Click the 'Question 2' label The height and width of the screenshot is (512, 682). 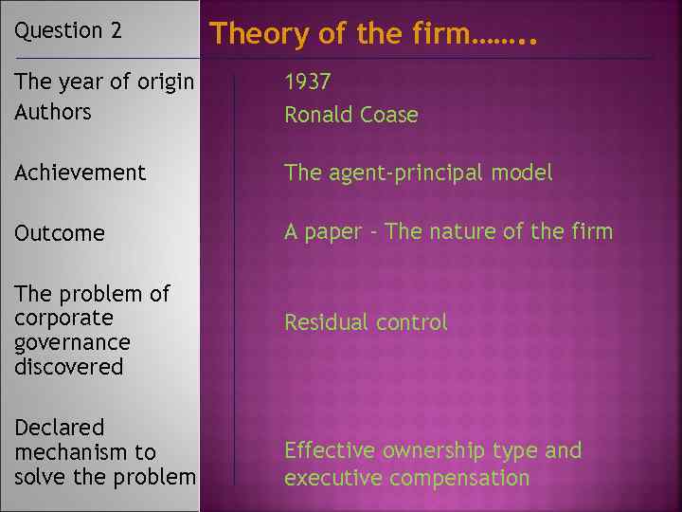click(68, 30)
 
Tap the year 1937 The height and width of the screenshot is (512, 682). click(308, 82)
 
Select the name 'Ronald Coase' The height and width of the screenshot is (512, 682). click(350, 115)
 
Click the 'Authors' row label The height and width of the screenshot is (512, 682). click(53, 112)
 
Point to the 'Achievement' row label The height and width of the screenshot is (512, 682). click(81, 173)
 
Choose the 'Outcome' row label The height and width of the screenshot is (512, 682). click(60, 233)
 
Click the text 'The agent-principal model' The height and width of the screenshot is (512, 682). click(418, 173)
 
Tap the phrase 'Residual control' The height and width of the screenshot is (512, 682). click(366, 322)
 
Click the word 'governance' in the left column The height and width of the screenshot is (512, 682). click(72, 342)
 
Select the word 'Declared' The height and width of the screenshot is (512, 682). click(59, 428)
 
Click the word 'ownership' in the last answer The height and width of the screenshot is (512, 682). click(436, 450)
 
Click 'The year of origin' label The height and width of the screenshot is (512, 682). click(104, 82)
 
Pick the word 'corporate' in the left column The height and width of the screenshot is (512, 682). click(63, 318)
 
